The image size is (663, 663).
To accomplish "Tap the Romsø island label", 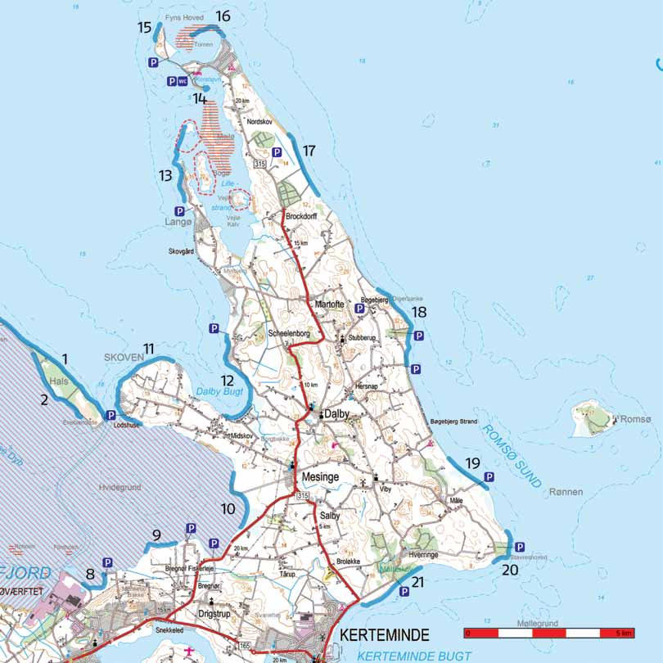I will click(635, 419).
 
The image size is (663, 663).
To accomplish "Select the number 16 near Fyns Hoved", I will click(223, 16).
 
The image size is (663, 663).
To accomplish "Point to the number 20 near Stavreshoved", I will click(511, 570).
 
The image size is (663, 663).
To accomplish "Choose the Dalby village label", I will click(336, 414).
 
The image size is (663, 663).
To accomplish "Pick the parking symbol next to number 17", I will click(277, 151).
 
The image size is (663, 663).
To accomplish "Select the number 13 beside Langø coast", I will click(166, 175).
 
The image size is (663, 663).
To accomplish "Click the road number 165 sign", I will click(243, 646).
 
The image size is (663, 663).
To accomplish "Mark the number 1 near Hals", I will click(65, 358).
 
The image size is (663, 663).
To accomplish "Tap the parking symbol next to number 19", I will click(489, 476).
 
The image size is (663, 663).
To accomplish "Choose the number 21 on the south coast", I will click(417, 582).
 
